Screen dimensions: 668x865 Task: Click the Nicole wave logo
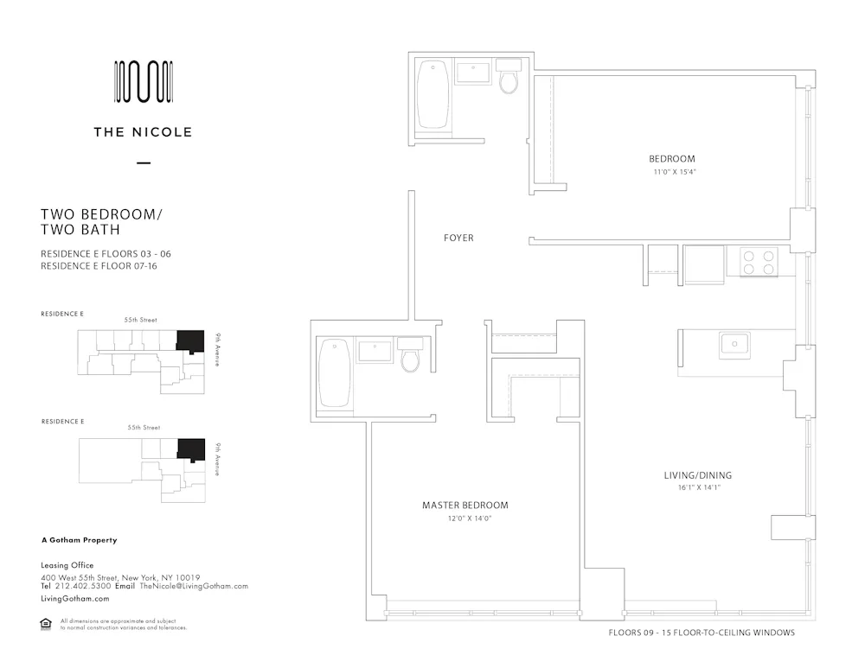[144, 82]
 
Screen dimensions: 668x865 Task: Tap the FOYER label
[458, 238]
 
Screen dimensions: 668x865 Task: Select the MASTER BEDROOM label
[465, 506]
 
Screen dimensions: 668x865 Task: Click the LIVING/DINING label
[697, 475]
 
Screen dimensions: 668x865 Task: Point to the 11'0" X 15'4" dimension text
[675, 172]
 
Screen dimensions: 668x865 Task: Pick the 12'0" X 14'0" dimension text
[465, 518]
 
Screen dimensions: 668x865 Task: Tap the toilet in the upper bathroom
[509, 79]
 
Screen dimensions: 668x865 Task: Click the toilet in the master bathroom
[410, 356]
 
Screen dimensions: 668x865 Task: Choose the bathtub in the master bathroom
[334, 372]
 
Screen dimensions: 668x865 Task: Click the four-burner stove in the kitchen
[759, 261]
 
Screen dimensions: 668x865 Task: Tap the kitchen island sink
[734, 345]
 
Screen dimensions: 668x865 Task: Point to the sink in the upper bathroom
[473, 73]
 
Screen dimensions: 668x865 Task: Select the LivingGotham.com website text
[75, 598]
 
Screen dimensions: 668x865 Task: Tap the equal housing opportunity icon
[47, 624]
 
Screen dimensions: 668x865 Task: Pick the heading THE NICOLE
[144, 132]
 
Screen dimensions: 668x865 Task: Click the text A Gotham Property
[79, 540]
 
